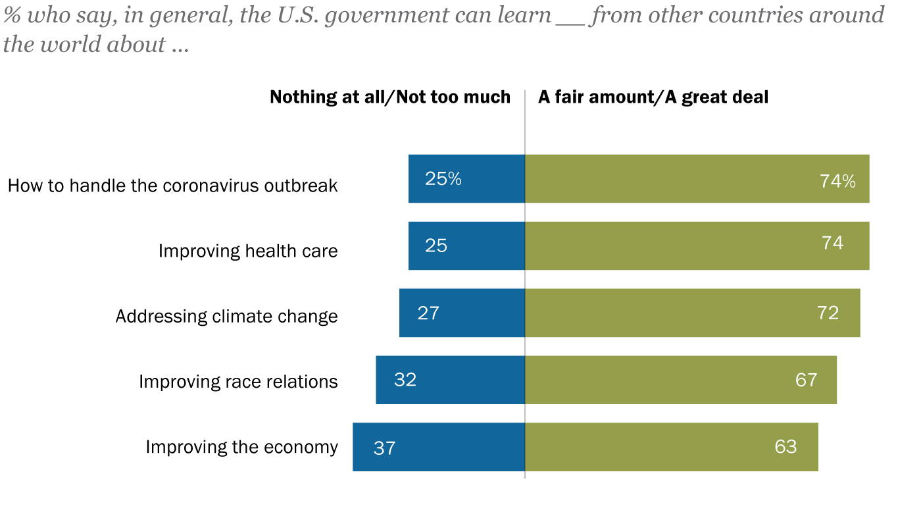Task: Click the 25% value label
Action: pos(443,178)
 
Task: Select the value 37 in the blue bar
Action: pos(384,448)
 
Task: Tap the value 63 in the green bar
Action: pos(785,446)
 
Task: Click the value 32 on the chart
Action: pos(405,380)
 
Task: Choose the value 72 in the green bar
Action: pos(828,313)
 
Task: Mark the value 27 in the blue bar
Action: pos(428,313)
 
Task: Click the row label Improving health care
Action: pos(248,251)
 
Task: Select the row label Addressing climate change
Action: pos(226,316)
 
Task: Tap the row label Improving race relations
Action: pos(238,381)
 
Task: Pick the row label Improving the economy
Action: pos(241,447)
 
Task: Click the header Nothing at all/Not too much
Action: pos(390,97)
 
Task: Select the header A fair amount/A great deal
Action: pos(653,97)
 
